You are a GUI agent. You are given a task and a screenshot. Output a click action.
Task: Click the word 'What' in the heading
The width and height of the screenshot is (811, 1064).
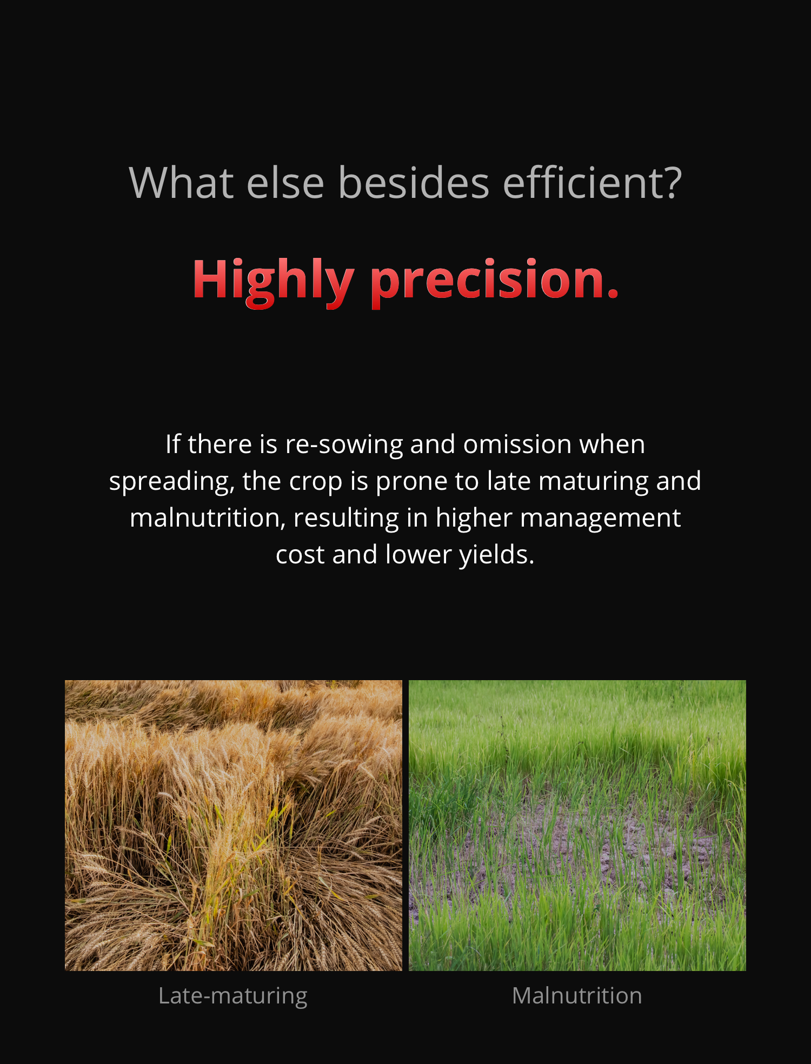pyautogui.click(x=182, y=183)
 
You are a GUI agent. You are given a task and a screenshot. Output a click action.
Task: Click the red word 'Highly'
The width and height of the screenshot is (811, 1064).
pyautogui.click(x=273, y=281)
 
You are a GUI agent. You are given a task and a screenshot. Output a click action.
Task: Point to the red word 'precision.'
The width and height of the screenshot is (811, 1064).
pyautogui.click(x=495, y=281)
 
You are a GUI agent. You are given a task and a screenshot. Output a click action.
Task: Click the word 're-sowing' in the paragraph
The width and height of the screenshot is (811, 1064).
pyautogui.click(x=344, y=445)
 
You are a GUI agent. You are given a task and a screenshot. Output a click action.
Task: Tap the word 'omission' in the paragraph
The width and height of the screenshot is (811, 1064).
pyautogui.click(x=517, y=444)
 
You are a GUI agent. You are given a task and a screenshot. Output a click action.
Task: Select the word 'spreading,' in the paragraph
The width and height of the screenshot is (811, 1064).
pyautogui.click(x=172, y=482)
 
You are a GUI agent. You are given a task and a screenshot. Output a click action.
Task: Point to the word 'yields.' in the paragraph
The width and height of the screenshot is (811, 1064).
pyautogui.click(x=497, y=555)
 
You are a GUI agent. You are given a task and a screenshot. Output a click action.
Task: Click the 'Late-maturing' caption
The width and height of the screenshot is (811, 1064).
pyautogui.click(x=233, y=996)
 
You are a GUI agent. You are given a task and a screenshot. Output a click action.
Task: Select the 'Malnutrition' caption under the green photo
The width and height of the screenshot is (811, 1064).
pyautogui.click(x=577, y=995)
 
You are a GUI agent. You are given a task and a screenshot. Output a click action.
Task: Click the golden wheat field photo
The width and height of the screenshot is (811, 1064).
pyautogui.click(x=234, y=825)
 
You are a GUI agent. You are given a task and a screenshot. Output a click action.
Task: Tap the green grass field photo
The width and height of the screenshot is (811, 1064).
pyautogui.click(x=577, y=825)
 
